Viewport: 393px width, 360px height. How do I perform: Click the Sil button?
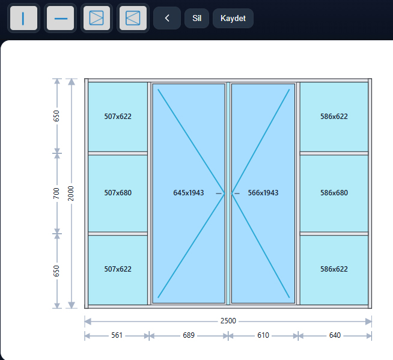(196, 18)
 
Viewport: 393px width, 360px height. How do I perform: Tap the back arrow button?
(167, 18)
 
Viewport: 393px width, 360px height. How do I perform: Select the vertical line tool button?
(23, 18)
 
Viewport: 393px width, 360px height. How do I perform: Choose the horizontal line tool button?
(61, 18)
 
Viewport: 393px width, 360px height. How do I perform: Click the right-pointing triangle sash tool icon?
(97, 18)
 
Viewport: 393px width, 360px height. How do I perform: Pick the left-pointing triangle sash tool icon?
(133, 18)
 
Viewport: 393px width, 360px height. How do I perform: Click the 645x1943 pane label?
(189, 193)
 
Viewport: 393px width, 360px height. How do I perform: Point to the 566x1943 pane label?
(263, 193)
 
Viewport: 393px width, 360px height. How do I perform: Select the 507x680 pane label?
(118, 193)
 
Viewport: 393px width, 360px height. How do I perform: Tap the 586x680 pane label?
(334, 193)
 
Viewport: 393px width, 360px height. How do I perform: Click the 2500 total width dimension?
(228, 321)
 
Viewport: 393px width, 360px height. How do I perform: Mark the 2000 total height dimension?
(71, 194)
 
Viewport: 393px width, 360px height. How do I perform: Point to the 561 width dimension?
(117, 335)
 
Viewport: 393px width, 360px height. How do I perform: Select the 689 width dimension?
(189, 335)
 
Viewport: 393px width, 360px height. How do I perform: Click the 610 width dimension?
(263, 335)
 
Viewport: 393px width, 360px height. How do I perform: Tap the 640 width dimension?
(335, 335)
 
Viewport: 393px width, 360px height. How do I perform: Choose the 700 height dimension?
(56, 194)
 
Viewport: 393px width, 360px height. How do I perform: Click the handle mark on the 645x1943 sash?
(219, 194)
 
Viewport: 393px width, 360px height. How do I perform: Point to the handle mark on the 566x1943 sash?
(237, 194)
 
